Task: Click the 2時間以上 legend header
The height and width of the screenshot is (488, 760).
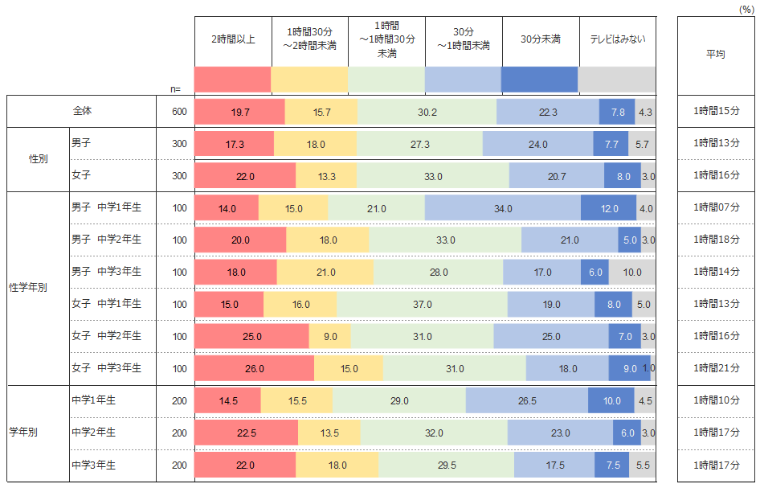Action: point(233,39)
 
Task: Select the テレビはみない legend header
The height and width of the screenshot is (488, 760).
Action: point(617,39)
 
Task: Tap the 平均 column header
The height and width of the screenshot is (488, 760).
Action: point(715,55)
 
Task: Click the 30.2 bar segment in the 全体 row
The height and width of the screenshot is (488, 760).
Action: point(427,112)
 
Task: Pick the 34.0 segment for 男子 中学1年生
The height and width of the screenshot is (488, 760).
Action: point(503,208)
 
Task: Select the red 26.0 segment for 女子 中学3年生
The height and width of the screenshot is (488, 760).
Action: point(254,369)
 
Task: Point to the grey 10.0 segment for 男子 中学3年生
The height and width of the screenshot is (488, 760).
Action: point(632,273)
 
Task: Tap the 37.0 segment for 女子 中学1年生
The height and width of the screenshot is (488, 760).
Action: point(422,305)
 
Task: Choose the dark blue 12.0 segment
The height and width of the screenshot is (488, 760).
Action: point(609,208)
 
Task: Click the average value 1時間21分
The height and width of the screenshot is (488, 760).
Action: point(717,369)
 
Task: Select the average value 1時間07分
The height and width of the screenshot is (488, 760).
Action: point(717,208)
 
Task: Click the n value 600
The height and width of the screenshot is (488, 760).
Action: point(179,112)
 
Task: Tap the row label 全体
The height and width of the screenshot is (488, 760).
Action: point(82,111)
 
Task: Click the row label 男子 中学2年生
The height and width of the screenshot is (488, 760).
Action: point(106,240)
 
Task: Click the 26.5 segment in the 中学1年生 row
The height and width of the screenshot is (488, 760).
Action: point(527,401)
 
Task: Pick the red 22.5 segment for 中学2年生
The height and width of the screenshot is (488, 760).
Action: point(246,433)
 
